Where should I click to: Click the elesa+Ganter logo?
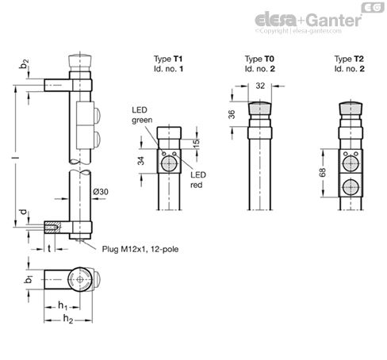[x=318, y=19]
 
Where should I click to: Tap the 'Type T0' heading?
[x=259, y=59]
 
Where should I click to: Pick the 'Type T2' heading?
[x=350, y=59]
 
